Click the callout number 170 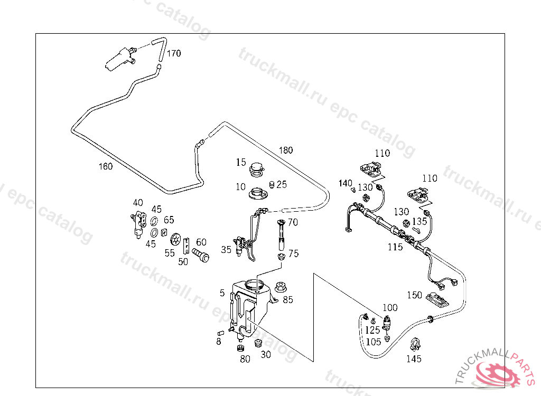pyautogui.click(x=174, y=53)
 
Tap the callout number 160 pyautogui.click(x=106, y=167)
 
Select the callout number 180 pyautogui.click(x=285, y=150)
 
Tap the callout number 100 pyautogui.click(x=390, y=307)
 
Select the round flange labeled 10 pyautogui.click(x=259, y=193)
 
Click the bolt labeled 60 pyautogui.click(x=201, y=256)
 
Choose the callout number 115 pyautogui.click(x=395, y=247)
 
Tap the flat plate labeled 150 pyautogui.click(x=437, y=299)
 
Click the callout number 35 pyautogui.click(x=226, y=250)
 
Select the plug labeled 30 pyautogui.click(x=258, y=344)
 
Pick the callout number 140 pyautogui.click(x=345, y=183)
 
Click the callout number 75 pyautogui.click(x=293, y=253)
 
